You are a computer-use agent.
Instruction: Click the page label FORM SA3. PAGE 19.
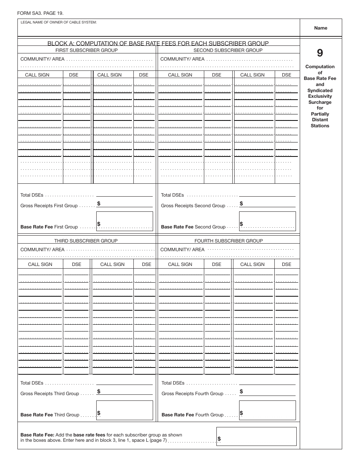40,13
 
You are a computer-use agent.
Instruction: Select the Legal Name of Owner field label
59,22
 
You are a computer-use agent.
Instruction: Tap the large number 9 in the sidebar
320,53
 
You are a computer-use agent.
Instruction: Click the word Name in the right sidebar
320,28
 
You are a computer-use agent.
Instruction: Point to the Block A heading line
158,43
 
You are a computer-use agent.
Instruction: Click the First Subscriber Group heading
86,50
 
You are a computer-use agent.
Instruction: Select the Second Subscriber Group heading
228,50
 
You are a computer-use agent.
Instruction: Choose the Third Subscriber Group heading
86,241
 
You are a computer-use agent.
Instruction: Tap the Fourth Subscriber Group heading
229,241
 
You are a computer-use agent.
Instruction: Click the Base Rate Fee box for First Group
125,221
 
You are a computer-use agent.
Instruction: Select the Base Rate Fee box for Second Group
267,221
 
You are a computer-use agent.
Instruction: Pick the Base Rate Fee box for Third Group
125,410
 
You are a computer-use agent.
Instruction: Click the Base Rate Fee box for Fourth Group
267,410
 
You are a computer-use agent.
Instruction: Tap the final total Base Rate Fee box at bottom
256,436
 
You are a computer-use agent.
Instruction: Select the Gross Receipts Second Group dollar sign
241,203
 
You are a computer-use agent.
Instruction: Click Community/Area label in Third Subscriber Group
42,250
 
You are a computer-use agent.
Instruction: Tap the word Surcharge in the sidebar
320,102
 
